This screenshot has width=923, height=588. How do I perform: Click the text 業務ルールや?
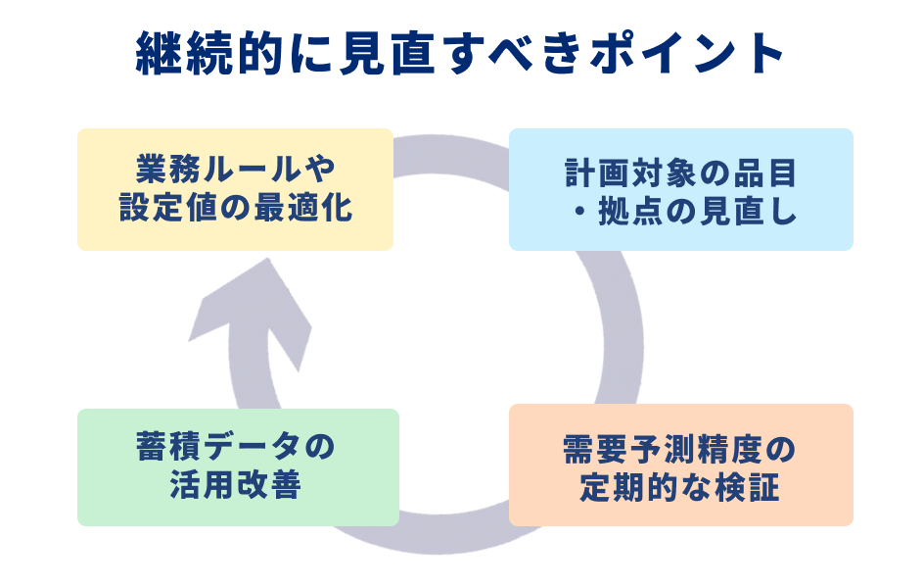coord(236,170)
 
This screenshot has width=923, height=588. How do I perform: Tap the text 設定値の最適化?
coord(236,209)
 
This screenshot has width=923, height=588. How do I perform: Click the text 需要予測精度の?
coord(680,447)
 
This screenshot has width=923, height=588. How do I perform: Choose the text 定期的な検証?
coord(680,486)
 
